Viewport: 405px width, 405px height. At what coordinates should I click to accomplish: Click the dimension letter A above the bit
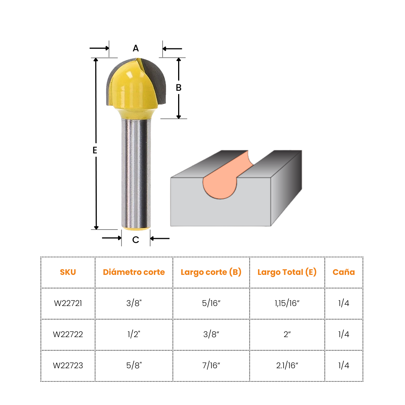pyautogui.click(x=136, y=48)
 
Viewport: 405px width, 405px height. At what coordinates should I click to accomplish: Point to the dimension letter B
pyautogui.click(x=178, y=88)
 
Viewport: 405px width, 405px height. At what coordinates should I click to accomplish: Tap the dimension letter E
pyautogui.click(x=95, y=150)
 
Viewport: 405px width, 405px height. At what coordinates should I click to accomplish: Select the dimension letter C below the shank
pyautogui.click(x=136, y=240)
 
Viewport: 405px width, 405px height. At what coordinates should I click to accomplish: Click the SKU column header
pyautogui.click(x=68, y=272)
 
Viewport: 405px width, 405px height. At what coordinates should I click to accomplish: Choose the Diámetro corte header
pyautogui.click(x=134, y=272)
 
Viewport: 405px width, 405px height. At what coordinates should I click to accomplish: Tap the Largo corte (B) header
pyautogui.click(x=211, y=272)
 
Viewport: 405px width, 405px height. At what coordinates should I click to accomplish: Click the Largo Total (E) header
pyautogui.click(x=287, y=272)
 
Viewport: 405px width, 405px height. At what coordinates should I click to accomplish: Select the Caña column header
pyautogui.click(x=343, y=272)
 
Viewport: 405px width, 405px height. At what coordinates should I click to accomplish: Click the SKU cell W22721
pyautogui.click(x=68, y=303)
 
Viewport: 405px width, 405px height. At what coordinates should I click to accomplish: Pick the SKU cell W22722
pyautogui.click(x=68, y=334)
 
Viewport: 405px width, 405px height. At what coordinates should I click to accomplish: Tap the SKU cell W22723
pyautogui.click(x=68, y=366)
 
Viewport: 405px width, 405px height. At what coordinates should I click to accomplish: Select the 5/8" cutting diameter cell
pyautogui.click(x=134, y=366)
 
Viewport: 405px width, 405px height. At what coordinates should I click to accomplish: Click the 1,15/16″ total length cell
pyautogui.click(x=287, y=303)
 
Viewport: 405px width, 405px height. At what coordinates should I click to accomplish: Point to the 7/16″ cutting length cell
pyautogui.click(x=211, y=366)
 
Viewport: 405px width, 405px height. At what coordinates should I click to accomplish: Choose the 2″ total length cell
pyautogui.click(x=287, y=334)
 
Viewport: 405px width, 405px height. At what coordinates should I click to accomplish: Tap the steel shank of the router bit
pyautogui.click(x=136, y=172)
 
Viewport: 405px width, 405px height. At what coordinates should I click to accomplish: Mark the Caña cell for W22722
pyautogui.click(x=343, y=334)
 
